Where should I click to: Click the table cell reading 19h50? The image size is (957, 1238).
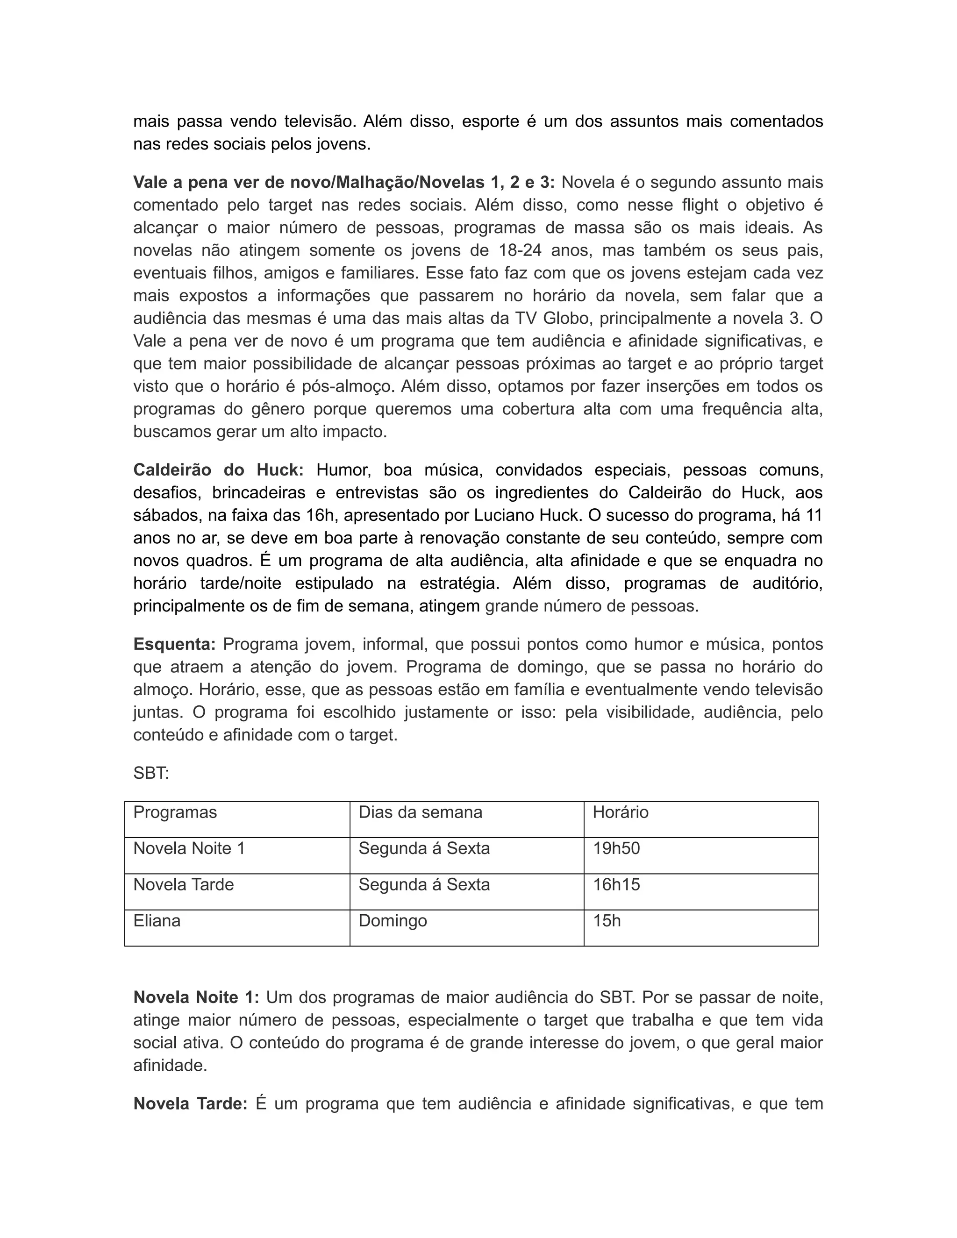(616, 848)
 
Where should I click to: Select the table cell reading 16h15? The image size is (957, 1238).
(616, 885)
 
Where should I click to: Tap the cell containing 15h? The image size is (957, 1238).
(607, 921)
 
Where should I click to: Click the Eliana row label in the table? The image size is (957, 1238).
(157, 921)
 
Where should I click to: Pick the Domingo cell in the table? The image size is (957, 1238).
(393, 921)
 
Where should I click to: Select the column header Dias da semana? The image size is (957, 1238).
(420, 812)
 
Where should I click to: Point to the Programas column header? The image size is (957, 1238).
(175, 812)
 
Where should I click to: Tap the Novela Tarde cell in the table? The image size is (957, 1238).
(184, 885)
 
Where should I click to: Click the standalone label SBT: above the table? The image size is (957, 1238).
(151, 773)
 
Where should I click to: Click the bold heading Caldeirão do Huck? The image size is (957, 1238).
(218, 470)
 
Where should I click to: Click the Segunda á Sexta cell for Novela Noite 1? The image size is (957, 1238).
(424, 848)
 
